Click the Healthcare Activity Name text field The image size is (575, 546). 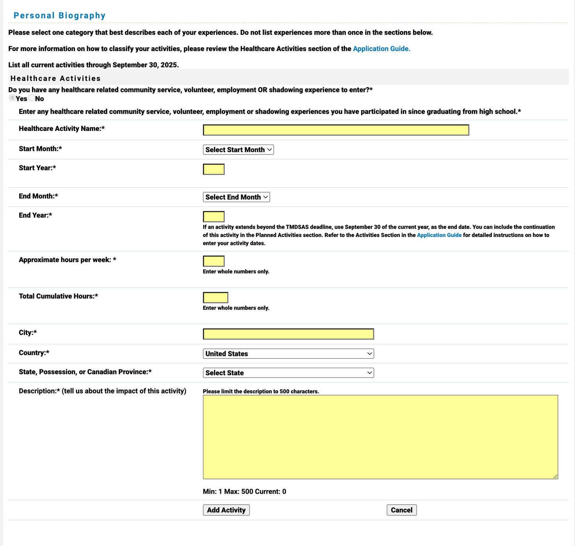336,130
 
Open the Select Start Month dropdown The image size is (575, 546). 238,150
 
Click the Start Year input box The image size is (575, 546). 214,169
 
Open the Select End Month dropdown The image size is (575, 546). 236,197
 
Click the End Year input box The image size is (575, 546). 214,216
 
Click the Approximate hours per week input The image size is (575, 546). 214,261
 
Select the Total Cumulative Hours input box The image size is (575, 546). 215,298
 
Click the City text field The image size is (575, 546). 288,334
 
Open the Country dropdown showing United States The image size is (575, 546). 288,354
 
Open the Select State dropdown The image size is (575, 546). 288,373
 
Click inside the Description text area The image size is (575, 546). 380,437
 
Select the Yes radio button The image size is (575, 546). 12,98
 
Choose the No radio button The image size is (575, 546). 32,98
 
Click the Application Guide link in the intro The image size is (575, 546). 381,49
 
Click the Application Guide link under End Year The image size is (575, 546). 439,235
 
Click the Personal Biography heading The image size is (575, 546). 59,16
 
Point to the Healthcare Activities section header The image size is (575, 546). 55,78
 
